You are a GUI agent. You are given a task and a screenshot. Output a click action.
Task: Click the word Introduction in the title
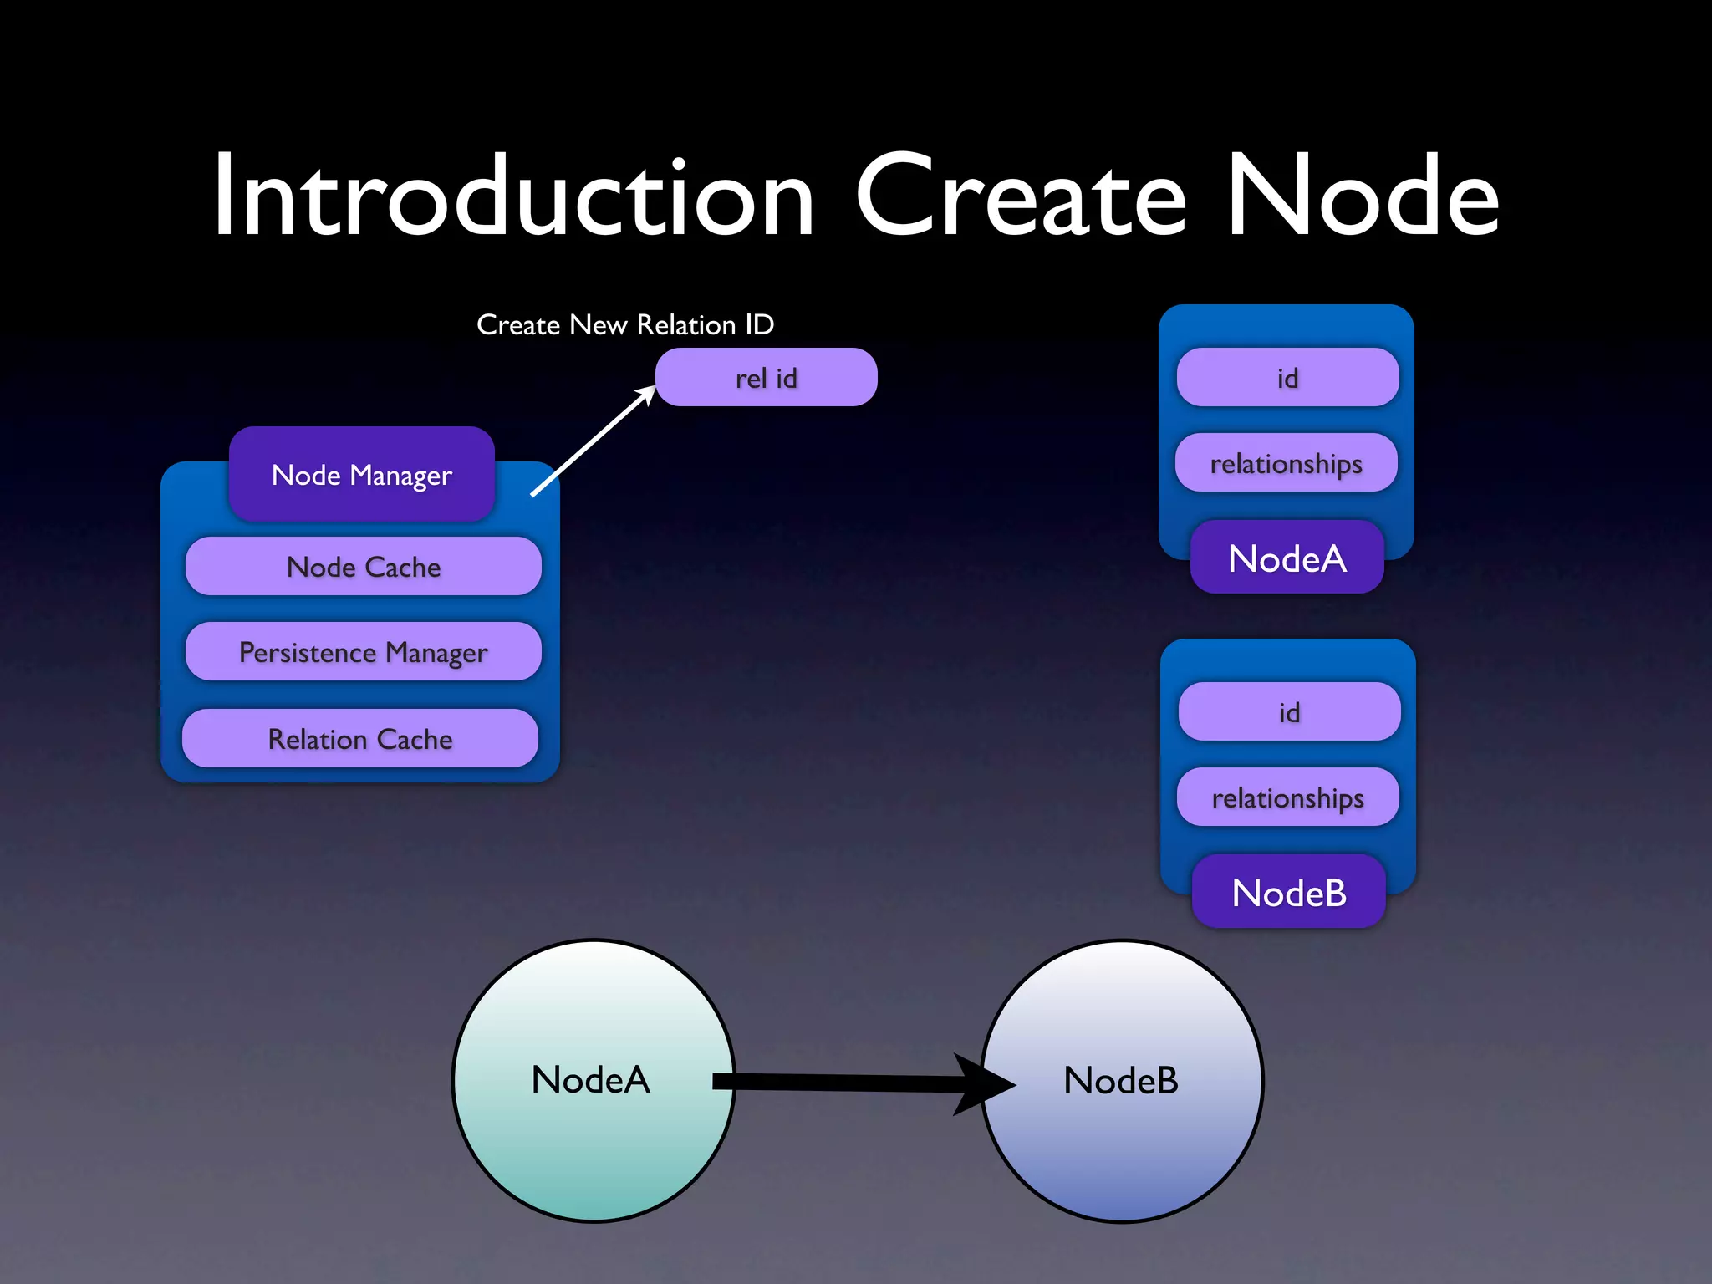(512, 197)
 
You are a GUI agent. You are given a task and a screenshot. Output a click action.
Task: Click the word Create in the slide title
(1020, 197)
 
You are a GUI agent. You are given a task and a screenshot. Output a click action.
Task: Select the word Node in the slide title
(1363, 197)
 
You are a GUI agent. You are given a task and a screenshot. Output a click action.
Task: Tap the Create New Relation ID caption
(625, 324)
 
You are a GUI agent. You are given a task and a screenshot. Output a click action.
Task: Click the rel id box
(766, 378)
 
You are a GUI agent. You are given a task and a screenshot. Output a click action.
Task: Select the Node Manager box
(362, 475)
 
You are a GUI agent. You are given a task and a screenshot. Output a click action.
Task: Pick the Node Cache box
(363, 567)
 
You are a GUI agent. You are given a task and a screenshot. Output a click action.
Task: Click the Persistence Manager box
(363, 652)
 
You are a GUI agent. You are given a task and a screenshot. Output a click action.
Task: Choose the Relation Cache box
(359, 739)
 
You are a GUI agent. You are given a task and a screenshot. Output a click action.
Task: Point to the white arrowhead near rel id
(646, 395)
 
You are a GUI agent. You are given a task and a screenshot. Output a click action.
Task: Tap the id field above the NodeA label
(1287, 378)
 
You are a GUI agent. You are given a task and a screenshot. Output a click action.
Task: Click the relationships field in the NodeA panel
(1286, 463)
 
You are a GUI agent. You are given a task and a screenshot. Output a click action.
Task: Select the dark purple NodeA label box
(1287, 558)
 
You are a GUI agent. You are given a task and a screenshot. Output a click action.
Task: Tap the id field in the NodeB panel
(1289, 712)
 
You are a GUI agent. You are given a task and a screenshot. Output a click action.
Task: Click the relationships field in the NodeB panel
(1287, 797)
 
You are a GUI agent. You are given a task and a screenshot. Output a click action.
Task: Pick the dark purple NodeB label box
(1289, 892)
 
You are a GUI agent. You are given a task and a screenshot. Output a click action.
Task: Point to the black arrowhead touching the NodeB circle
(986, 1084)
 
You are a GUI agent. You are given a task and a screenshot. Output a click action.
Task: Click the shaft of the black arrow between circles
(836, 1083)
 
